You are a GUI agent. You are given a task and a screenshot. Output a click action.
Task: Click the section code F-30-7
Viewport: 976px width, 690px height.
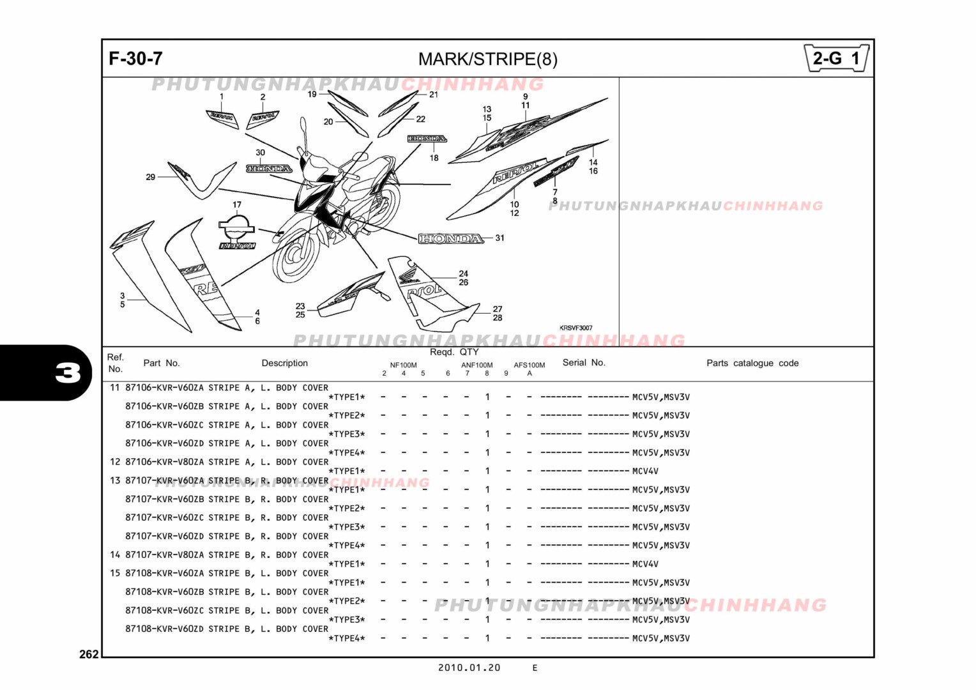pos(135,59)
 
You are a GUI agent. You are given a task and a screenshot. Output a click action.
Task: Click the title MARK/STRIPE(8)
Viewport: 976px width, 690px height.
pos(487,59)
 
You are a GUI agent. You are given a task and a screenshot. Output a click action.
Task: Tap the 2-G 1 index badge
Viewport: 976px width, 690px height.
pos(836,59)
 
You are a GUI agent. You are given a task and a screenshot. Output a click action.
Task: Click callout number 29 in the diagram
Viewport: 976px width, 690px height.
pos(151,177)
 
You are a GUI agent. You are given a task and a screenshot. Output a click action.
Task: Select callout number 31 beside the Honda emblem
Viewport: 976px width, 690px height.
pos(499,238)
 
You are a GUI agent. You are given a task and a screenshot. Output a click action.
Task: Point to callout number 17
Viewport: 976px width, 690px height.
pos(237,205)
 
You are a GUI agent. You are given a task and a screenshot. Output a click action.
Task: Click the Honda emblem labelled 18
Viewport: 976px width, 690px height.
pos(427,139)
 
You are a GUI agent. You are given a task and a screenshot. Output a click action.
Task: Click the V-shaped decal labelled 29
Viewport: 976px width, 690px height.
pos(201,179)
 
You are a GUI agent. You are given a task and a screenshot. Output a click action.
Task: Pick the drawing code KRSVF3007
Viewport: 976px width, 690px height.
pos(576,328)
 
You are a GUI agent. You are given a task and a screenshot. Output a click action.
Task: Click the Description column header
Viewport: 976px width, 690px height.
pos(284,363)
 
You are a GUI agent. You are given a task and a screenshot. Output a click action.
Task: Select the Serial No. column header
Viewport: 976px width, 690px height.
pos(583,362)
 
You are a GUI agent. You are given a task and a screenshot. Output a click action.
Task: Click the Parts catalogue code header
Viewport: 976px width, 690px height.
pos(752,363)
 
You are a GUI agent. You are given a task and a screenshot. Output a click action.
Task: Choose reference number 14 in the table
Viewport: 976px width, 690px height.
pos(115,555)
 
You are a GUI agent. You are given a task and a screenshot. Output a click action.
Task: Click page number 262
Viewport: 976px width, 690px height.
pos(89,654)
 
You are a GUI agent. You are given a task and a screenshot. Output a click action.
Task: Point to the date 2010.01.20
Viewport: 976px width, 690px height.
pos(469,668)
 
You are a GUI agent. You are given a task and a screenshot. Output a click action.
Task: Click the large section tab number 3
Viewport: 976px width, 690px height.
pos(68,372)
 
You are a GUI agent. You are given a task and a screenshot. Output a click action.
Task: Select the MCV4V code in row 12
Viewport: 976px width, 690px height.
pos(644,471)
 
